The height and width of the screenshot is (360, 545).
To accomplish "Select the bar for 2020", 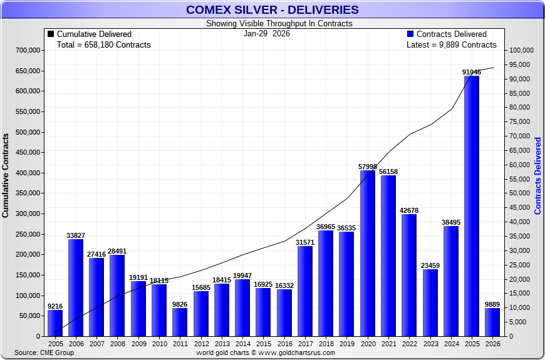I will [x=367, y=253].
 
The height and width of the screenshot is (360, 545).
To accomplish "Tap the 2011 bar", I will [x=180, y=322].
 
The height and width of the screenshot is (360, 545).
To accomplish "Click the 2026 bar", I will [x=492, y=322].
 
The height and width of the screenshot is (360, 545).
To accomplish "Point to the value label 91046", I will [x=472, y=73].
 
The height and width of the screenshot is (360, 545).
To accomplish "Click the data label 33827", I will [x=76, y=235].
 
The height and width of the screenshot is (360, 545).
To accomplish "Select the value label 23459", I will [x=430, y=265].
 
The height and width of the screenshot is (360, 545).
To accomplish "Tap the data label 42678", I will [x=409, y=210].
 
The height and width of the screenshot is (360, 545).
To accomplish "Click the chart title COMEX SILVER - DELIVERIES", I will [x=272, y=9].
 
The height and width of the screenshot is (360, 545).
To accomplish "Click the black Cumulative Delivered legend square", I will [x=51, y=34].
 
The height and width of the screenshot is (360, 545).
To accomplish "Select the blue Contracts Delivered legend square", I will [x=410, y=34].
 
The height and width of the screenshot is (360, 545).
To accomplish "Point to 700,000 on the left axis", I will [x=28, y=50].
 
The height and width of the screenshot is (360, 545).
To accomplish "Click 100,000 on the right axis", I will [x=521, y=51].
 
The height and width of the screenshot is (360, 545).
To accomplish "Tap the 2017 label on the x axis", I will [x=305, y=344].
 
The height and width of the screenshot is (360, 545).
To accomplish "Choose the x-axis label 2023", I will [x=430, y=344].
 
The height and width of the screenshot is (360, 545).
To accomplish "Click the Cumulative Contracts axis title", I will [x=6, y=175].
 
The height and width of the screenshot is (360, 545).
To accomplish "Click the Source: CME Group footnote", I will [x=44, y=352].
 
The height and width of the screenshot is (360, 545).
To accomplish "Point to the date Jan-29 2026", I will [x=267, y=34].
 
